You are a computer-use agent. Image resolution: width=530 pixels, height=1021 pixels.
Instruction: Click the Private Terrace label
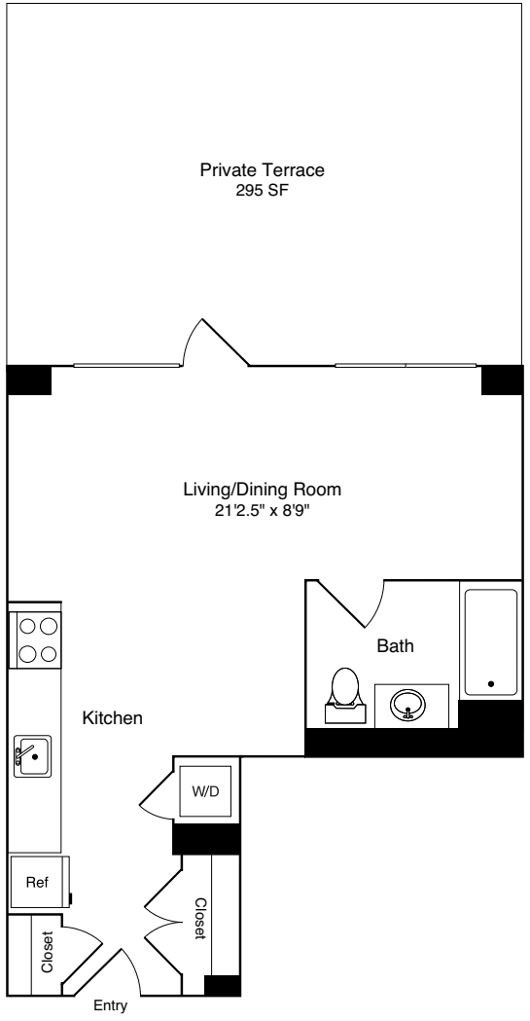[x=262, y=170]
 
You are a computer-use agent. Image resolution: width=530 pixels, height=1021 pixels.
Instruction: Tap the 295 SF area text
[x=262, y=191]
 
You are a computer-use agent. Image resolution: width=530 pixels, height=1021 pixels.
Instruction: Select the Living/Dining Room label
[x=263, y=489]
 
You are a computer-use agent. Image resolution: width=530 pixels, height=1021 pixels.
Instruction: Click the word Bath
[x=396, y=645]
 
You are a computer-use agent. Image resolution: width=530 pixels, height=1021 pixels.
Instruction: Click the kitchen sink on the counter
[x=32, y=756]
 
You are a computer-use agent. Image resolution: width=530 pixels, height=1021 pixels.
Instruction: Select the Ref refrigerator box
[x=38, y=883]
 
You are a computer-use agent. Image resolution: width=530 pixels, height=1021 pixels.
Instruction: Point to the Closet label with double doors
[x=199, y=918]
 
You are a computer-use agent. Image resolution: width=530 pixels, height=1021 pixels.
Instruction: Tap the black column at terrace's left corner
[x=28, y=380]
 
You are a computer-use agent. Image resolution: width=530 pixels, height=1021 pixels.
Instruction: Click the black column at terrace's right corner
[x=502, y=380]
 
